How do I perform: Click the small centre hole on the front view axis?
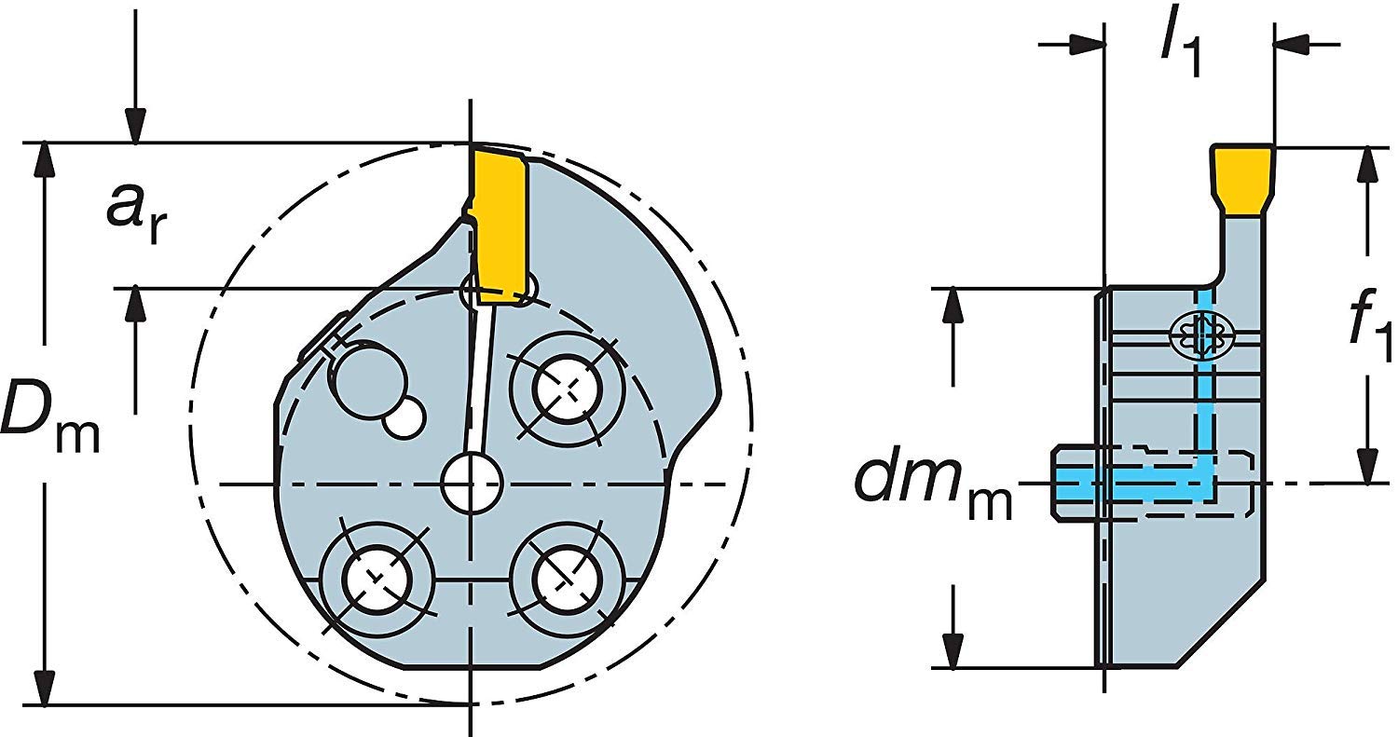(x=472, y=483)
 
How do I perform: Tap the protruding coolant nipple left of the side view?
(x=1072, y=483)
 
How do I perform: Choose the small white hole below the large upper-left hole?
(x=403, y=420)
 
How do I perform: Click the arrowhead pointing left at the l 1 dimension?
(x=1291, y=43)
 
